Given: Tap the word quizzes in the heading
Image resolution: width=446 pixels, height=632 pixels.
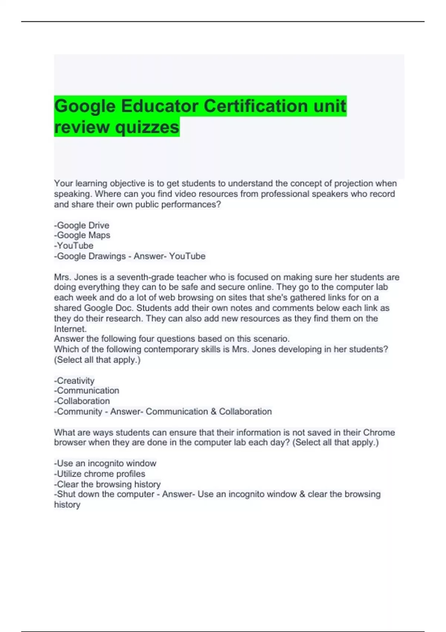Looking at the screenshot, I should pos(147,127).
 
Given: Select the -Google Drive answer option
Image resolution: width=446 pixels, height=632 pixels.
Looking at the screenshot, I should pos(82,225).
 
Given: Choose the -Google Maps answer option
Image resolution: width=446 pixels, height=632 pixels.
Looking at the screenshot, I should pos(82,235).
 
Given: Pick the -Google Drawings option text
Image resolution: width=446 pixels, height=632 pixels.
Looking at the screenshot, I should pos(90,256).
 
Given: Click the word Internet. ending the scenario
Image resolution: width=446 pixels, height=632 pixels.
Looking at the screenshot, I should pos(70,329).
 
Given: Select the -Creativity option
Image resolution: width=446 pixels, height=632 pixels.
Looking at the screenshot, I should pos(74,381).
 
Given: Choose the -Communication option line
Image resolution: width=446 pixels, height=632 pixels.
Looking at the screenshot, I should pos(87,391).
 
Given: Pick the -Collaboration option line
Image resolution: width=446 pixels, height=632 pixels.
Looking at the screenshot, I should pos(82,401).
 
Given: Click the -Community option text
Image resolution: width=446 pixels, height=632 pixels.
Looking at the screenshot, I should pos(78,412).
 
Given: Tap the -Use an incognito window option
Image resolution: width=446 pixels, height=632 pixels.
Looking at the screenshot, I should pos(105,463).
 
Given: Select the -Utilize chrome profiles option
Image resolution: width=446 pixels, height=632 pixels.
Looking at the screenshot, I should pos(100,474).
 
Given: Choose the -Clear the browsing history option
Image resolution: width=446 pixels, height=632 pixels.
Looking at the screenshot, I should pos(107,484).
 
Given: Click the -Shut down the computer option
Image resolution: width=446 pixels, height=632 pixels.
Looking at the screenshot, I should pos(104,494).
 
